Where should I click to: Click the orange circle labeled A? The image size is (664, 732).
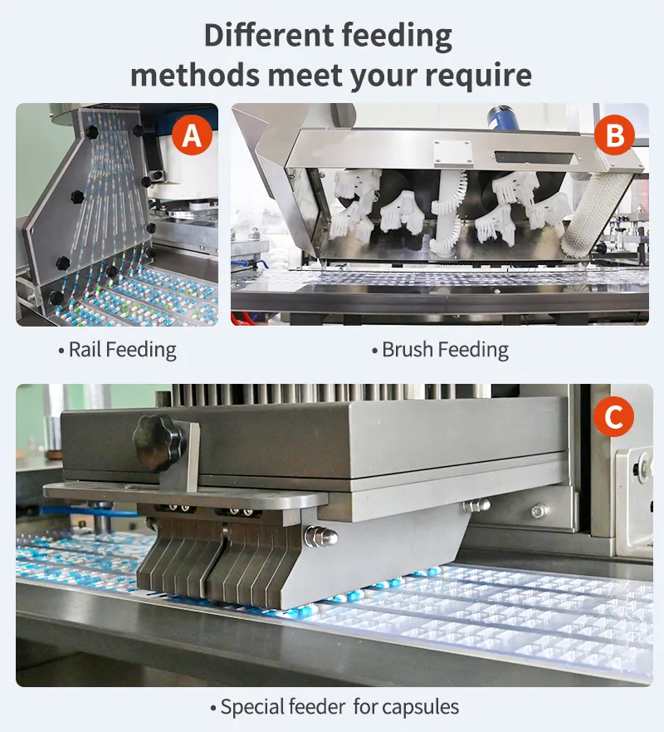click(x=192, y=135)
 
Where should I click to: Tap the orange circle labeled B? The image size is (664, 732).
click(x=614, y=135)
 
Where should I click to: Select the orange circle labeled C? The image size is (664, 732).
click(x=613, y=416)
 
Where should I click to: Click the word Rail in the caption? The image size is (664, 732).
click(x=85, y=349)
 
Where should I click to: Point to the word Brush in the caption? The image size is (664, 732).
click(x=408, y=349)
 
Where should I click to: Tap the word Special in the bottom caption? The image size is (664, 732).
click(x=251, y=707)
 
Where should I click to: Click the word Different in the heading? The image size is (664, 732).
click(x=269, y=36)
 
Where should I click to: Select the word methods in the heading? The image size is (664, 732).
click(x=194, y=75)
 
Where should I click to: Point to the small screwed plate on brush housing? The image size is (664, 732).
click(x=452, y=154)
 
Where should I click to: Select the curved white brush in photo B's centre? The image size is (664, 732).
click(x=447, y=214)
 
